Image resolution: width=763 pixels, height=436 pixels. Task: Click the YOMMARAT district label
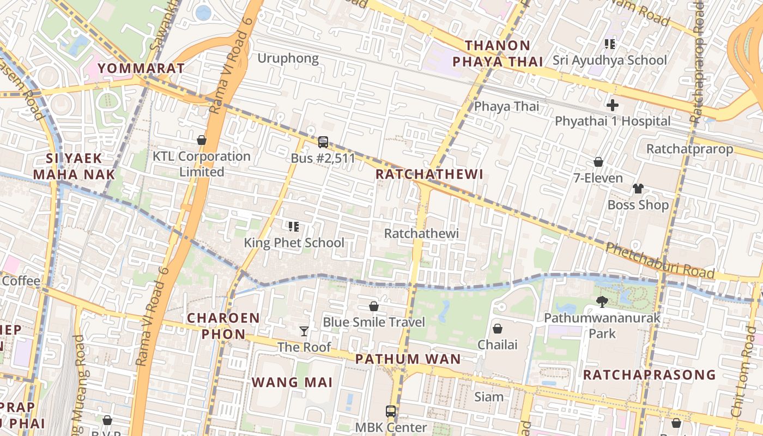[141, 68]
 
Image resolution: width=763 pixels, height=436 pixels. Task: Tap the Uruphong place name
[288, 58]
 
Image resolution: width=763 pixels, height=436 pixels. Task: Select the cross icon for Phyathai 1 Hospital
[613, 105]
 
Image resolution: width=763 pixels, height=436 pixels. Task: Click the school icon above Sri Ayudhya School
[609, 44]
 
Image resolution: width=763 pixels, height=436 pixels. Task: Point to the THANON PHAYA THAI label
[498, 53]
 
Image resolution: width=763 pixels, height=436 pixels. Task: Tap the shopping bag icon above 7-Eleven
[598, 162]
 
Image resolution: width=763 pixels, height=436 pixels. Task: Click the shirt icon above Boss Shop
[638, 189]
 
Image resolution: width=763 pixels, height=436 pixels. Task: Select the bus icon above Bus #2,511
[323, 142]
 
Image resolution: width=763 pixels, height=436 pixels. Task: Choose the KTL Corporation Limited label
[201, 164]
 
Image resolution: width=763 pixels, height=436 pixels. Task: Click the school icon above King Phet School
[293, 226]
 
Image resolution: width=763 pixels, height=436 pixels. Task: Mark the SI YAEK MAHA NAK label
[74, 167]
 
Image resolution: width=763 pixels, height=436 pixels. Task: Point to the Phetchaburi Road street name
[660, 261]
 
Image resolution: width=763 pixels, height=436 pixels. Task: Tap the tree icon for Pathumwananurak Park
[602, 301]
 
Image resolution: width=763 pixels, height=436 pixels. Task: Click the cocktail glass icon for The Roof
[304, 331]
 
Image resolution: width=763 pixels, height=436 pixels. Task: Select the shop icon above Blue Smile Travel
[373, 306]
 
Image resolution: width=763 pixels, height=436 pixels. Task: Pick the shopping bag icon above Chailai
[497, 329]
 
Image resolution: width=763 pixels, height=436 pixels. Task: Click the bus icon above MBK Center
[390, 411]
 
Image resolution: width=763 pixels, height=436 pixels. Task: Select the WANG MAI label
[292, 382]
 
